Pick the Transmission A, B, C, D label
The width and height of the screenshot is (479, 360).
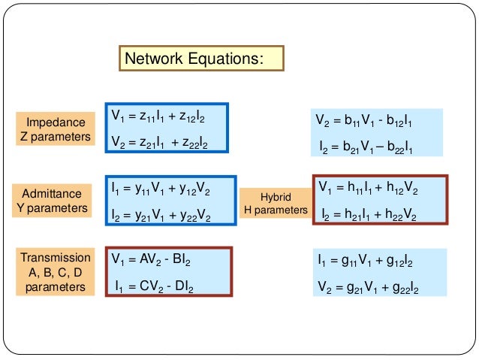click(x=56, y=271)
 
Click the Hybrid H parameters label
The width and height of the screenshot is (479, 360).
click(x=275, y=203)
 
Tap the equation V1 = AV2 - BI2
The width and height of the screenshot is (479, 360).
click(x=151, y=260)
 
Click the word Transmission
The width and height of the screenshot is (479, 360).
click(x=56, y=257)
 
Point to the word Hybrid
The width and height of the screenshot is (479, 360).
click(x=275, y=195)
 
